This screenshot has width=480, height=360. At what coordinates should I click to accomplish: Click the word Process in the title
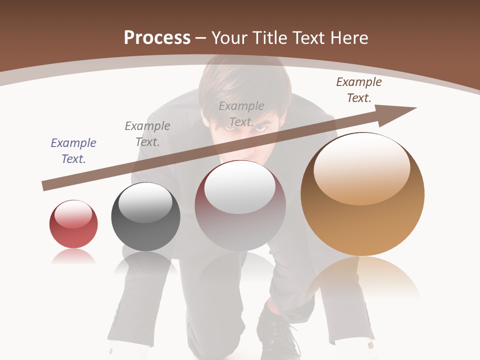coord(157,38)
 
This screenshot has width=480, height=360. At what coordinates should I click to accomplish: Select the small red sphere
coord(73,224)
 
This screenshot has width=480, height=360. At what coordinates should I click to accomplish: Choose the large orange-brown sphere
coord(362,195)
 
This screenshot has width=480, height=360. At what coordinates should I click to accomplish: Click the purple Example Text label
coord(73,151)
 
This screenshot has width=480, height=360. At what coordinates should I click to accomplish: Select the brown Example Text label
coord(358,90)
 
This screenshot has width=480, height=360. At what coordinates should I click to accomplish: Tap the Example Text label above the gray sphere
coord(147,134)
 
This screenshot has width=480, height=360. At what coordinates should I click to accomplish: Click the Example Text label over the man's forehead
coord(241,114)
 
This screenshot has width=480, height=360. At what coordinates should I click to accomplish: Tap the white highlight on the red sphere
coord(73,214)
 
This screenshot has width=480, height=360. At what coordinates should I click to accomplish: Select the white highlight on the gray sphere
coord(145,201)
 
